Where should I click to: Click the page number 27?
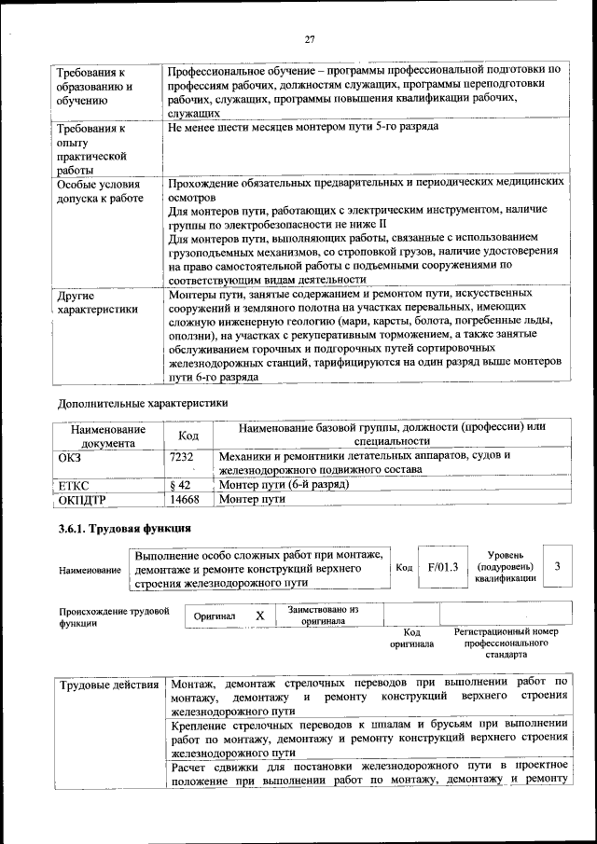pyautogui.click(x=310, y=39)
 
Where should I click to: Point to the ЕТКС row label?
pyautogui.click(x=75, y=485)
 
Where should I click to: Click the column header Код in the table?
pyautogui.click(x=187, y=436)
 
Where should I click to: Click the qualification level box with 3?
pyautogui.click(x=556, y=567)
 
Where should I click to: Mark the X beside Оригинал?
pyautogui.click(x=260, y=616)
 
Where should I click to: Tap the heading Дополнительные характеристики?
pyautogui.click(x=142, y=403)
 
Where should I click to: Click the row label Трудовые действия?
pyautogui.click(x=108, y=686)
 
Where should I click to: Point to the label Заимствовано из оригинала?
pyautogui.click(x=323, y=616)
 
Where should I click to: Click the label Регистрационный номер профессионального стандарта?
pyautogui.click(x=506, y=643)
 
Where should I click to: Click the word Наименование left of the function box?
pyautogui.click(x=89, y=569)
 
